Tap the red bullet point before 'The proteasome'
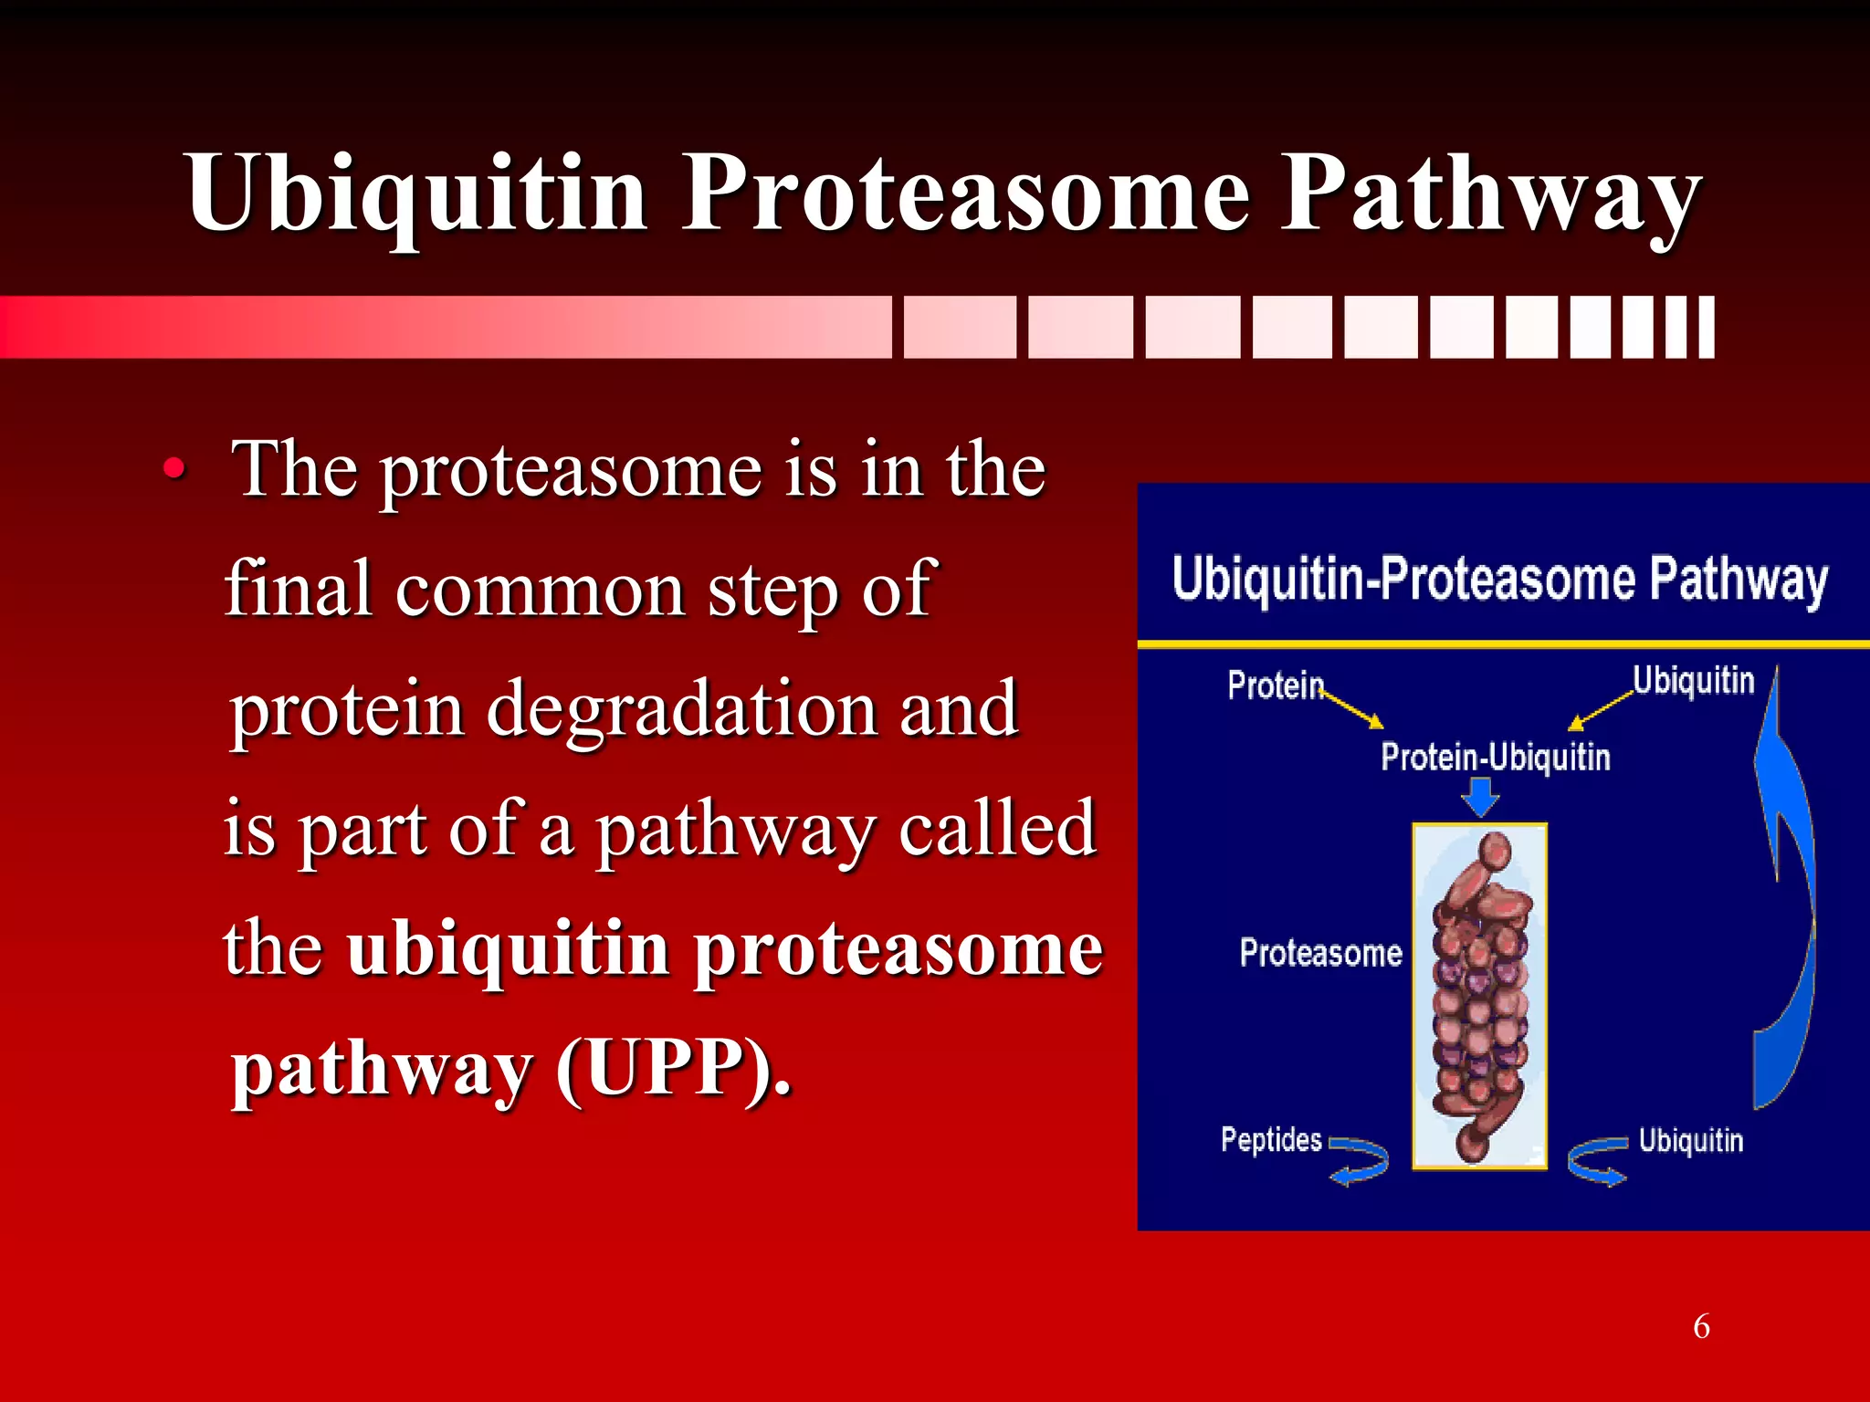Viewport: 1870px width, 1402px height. [173, 471]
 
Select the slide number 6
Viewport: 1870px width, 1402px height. [1701, 1326]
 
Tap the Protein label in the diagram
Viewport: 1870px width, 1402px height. [1275, 685]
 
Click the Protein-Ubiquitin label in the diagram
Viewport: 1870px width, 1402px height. [1495, 758]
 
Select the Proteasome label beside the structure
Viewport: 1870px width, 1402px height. [1320, 953]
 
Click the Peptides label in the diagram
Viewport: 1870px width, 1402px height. [1271, 1140]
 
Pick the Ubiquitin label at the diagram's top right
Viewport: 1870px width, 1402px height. [1693, 681]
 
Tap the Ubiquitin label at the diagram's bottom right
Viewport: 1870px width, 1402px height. [1690, 1141]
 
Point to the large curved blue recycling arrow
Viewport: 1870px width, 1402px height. [1785, 913]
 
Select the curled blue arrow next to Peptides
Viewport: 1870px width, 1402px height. [1360, 1161]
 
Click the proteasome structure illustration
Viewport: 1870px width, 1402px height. [1479, 995]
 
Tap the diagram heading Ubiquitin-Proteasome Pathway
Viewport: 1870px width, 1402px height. [1499, 581]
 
